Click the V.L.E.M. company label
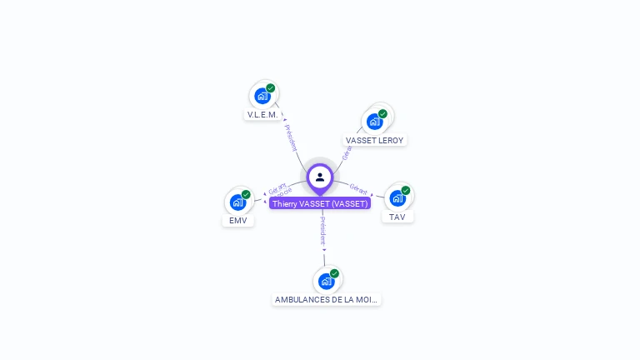click(x=262, y=114)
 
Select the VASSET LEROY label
click(x=374, y=141)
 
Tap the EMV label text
click(x=238, y=221)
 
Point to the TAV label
click(x=397, y=217)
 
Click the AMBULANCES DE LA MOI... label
click(x=327, y=299)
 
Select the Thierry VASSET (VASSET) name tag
click(x=320, y=203)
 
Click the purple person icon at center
click(x=320, y=177)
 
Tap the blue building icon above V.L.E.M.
click(x=262, y=96)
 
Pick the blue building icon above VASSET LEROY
click(x=375, y=122)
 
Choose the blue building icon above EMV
click(x=238, y=202)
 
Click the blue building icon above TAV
click(x=397, y=197)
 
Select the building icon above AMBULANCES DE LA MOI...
click(x=326, y=281)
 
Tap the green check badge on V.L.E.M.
click(x=271, y=87)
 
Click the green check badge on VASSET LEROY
click(x=382, y=113)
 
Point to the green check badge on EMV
click(x=246, y=194)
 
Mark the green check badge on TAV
click(x=406, y=190)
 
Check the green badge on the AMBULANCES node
click(x=334, y=273)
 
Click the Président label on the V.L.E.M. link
click(x=291, y=137)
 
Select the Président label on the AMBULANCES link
click(x=323, y=232)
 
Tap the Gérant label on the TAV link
click(x=359, y=189)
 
